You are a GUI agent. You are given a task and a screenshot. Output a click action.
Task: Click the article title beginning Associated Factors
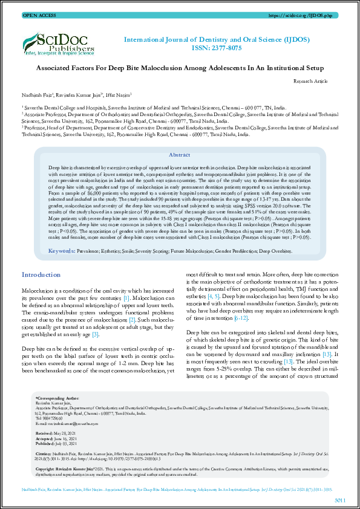click(180, 69)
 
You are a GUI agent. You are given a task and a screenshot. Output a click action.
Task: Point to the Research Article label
click(310, 80)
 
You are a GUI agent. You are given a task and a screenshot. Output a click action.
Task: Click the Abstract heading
click(180, 155)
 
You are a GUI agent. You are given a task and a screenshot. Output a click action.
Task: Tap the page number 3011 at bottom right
click(340, 500)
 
